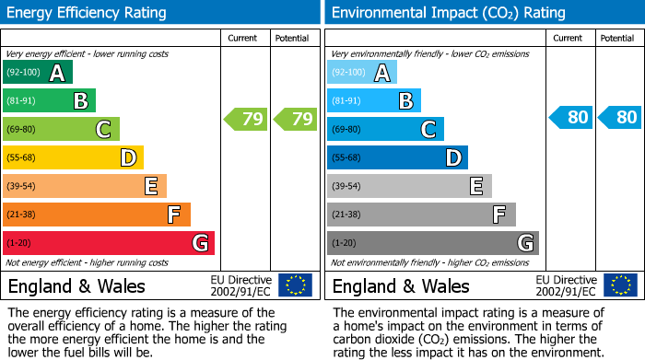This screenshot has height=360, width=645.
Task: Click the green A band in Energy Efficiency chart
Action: click(38, 73)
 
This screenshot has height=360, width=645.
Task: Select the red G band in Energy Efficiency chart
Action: click(109, 244)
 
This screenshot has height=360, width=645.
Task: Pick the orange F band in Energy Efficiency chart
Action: click(97, 215)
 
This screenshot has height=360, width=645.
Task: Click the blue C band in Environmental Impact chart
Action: click(385, 130)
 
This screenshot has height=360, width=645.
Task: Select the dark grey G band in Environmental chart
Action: click(432, 244)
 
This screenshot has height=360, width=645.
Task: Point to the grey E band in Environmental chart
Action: click(409, 187)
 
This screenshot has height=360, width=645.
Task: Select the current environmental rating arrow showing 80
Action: click(569, 118)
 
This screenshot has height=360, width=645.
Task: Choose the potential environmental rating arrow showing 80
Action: click(618, 118)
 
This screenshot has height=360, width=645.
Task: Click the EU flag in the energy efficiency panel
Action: click(295, 285)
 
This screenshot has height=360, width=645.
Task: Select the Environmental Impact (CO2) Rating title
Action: click(448, 13)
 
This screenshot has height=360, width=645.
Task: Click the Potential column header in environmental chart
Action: click(616, 39)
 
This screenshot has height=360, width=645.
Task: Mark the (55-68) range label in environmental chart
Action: click(346, 158)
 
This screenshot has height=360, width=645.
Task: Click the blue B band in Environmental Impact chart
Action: click(374, 101)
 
